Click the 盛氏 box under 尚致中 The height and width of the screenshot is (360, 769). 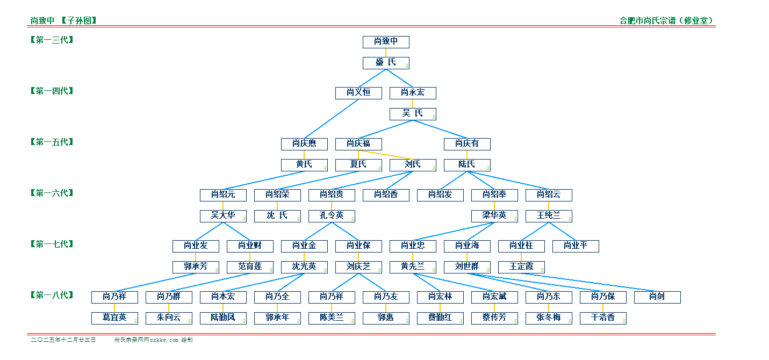pos(386,63)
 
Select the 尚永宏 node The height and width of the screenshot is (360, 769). pos(413,93)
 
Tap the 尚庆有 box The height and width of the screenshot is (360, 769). pos(467,144)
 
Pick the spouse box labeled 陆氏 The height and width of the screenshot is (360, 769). pos(467,165)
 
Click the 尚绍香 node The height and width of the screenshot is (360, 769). pos(386,195)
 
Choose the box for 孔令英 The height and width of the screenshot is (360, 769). pos(332,216)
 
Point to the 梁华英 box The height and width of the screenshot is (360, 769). pos(494,216)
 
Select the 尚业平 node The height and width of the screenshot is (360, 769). pos(576,246)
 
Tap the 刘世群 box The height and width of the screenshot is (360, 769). pos(467,267)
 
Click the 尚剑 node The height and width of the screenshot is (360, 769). pos(657,297)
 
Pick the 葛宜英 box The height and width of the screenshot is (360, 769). pos(114,318)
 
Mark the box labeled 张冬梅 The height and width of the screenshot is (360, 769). pos(549,318)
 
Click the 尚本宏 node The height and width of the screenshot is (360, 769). pos(223,297)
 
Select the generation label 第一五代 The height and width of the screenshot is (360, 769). pos(52,142)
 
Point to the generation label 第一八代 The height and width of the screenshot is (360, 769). pos(52,295)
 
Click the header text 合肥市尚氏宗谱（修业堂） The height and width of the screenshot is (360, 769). pos(666,21)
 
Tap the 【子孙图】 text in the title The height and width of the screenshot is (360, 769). pos(78,21)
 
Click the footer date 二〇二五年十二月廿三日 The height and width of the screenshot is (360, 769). pos(63,340)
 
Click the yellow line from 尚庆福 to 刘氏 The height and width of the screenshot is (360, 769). pos(386,155)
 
